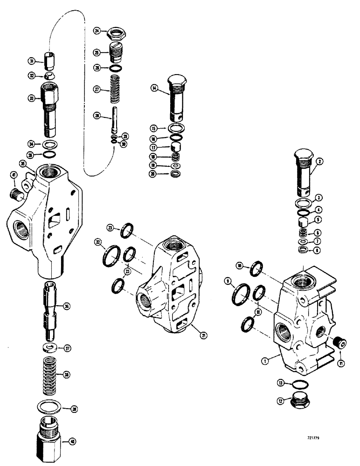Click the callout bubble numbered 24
97,31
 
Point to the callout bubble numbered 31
31,61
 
